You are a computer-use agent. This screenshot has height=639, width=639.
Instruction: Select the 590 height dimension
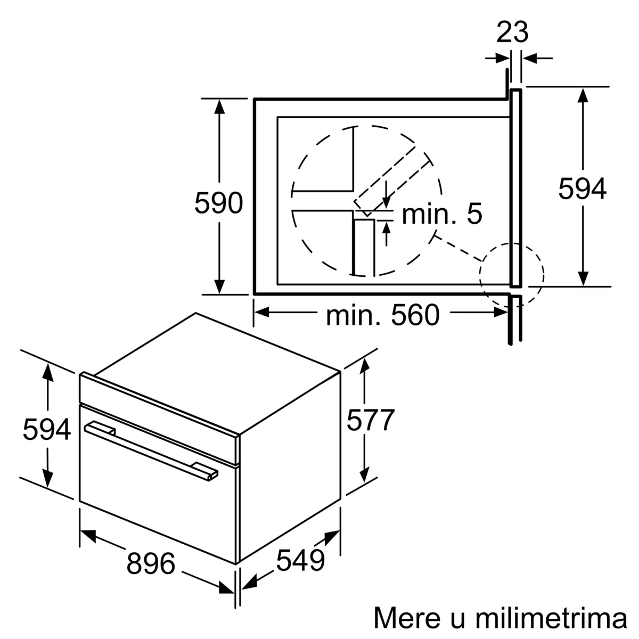coord(218,203)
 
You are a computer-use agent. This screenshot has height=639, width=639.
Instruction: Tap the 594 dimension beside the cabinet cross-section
coord(582,189)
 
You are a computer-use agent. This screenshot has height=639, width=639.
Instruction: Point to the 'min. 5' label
coord(442,214)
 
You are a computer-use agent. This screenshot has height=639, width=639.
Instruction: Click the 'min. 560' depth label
coord(382,315)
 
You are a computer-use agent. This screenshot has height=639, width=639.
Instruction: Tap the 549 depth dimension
coord(300,560)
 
